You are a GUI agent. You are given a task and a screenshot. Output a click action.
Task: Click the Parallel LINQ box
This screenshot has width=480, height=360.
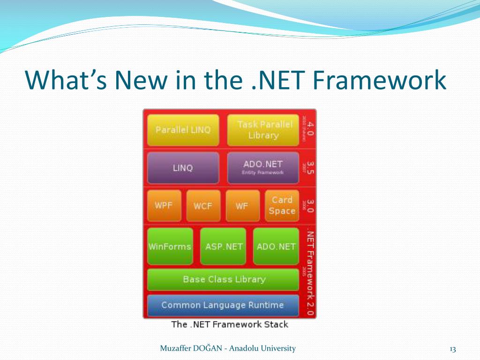coord(183,130)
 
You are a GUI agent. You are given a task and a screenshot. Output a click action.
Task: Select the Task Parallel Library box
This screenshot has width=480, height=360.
coord(263,130)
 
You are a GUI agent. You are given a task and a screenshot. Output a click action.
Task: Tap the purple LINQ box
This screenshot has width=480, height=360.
coord(183,168)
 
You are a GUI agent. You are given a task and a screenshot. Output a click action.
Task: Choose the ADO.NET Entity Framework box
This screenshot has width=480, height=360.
coord(263,168)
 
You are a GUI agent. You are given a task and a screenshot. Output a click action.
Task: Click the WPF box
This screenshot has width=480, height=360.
coord(164,205)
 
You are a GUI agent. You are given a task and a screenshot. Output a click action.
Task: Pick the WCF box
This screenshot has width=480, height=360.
coord(203,205)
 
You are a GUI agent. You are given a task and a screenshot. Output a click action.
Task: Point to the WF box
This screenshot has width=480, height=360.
coord(242,205)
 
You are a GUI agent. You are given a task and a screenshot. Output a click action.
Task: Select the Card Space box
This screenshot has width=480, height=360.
coord(282,205)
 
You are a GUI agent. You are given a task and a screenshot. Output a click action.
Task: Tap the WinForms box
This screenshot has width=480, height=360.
coord(170,247)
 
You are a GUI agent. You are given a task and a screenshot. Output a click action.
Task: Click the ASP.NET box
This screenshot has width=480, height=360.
coord(224,247)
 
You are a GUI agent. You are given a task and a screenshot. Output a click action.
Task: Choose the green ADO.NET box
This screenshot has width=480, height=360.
coord(276,247)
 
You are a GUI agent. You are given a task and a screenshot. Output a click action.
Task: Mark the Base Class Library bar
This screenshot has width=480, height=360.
coord(223,279)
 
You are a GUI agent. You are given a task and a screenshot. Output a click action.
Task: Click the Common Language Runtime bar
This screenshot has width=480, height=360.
coord(223,305)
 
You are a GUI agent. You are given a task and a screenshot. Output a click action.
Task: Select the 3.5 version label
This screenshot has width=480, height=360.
coord(310,167)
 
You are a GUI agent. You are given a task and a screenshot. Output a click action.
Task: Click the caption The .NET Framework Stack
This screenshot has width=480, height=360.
coord(230,324)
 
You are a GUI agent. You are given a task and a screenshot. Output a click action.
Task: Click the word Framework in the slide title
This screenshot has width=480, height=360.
coord(379,80)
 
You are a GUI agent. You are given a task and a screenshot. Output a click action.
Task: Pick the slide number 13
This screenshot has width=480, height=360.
coord(452,349)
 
